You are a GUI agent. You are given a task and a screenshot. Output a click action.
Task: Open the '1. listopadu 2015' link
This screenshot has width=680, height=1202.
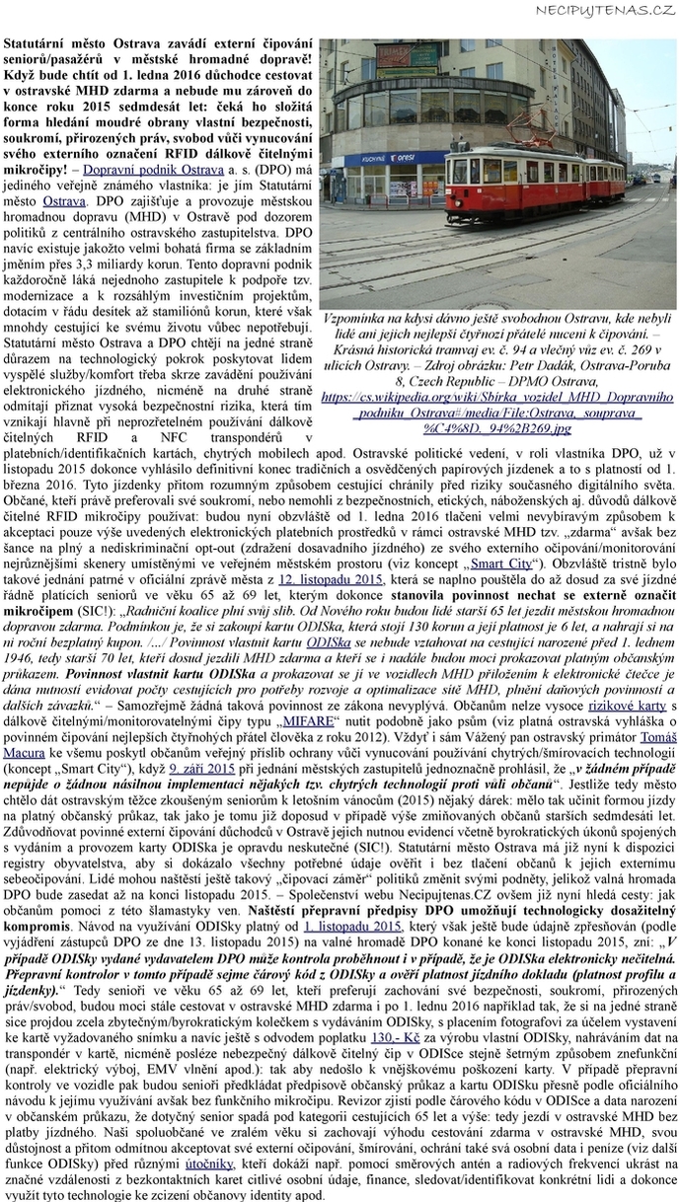352,929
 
